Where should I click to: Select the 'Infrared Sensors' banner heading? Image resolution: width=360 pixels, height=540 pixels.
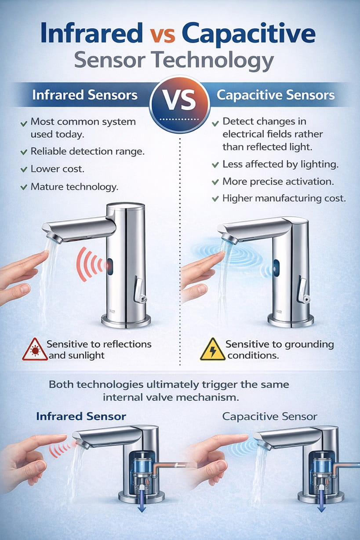(84, 95)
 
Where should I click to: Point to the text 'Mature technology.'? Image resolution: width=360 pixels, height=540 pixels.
(74, 187)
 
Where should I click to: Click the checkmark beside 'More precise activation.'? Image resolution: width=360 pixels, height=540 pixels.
(215, 182)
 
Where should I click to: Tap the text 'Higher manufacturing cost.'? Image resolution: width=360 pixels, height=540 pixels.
(284, 198)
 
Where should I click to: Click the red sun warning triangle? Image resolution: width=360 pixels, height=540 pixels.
(35, 350)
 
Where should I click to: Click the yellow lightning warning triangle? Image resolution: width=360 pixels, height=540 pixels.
(213, 350)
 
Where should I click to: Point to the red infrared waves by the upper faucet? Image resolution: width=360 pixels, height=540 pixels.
(90, 264)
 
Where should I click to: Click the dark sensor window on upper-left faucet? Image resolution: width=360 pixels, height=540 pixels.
(110, 266)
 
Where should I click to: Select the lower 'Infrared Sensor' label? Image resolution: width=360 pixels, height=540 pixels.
(81, 416)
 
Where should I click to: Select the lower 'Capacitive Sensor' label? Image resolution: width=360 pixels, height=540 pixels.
(269, 416)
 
